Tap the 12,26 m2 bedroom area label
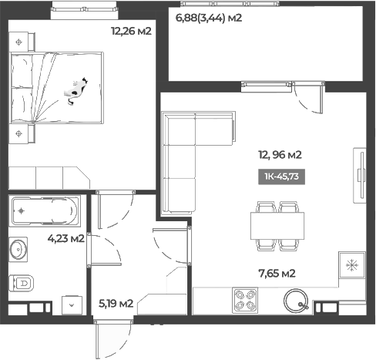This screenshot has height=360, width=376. [131, 32]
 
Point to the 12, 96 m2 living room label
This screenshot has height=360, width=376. [280, 154]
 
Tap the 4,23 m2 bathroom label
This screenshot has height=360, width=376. [65, 238]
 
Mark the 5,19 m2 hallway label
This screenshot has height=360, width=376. [116, 303]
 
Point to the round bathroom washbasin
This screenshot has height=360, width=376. [19, 250]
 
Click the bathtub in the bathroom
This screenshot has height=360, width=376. [43, 209]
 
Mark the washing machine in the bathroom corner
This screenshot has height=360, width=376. [72, 304]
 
